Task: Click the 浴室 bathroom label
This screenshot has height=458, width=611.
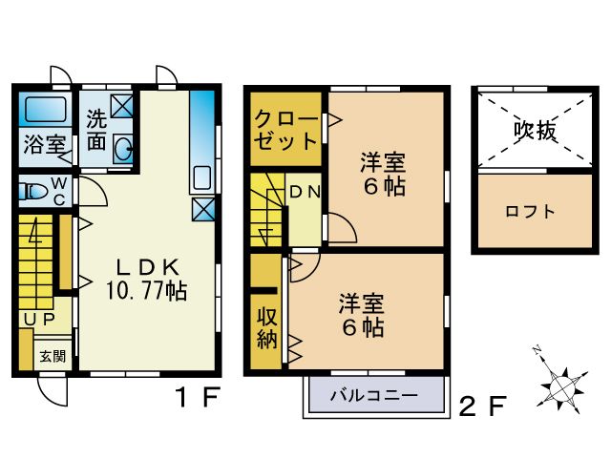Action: [x=44, y=146]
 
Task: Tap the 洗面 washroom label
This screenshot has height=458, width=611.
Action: [x=96, y=131]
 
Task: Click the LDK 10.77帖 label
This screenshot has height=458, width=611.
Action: [x=145, y=278]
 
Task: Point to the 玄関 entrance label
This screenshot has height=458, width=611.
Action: [x=52, y=357]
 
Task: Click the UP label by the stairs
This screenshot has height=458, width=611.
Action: [x=37, y=319]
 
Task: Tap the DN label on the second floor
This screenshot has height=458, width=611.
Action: [x=305, y=191]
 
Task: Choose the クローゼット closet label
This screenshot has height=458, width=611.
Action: [x=284, y=131]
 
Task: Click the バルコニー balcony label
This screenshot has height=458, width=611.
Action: [x=373, y=394]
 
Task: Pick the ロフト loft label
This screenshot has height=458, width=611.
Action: [x=530, y=212]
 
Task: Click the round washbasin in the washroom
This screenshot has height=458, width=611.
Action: [x=123, y=148]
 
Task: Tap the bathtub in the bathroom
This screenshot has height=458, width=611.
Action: [x=43, y=110]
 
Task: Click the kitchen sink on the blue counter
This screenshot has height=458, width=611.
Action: [x=201, y=177]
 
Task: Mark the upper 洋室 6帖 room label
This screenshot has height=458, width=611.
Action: [x=383, y=173]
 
